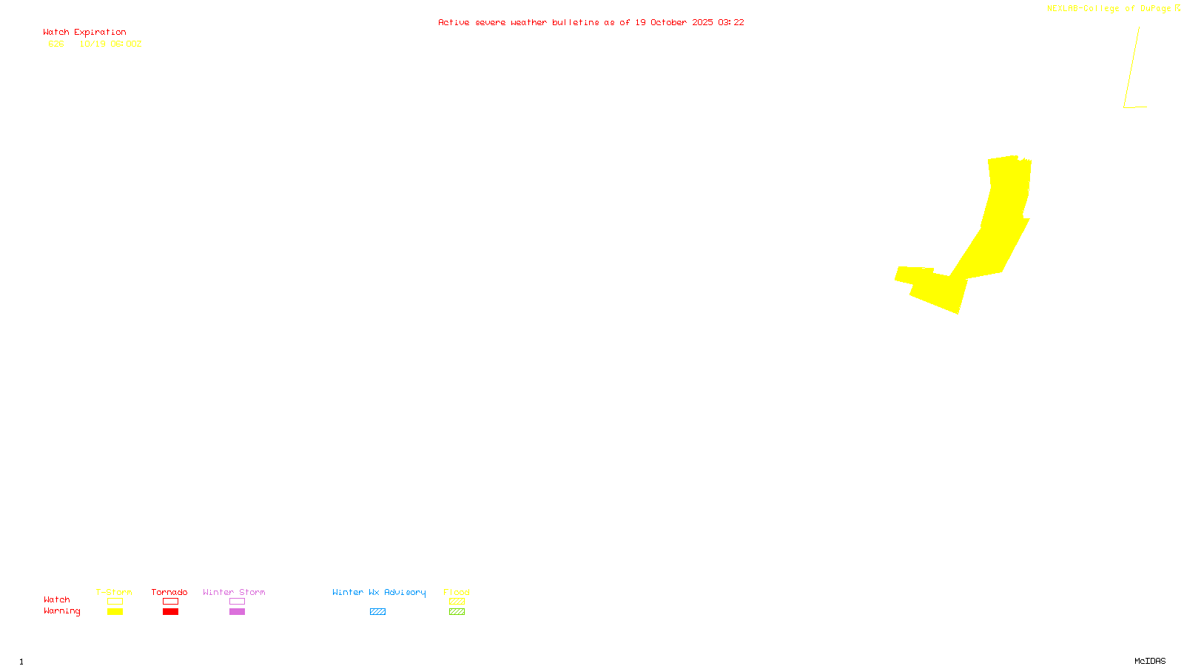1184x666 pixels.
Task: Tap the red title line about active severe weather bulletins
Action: (x=591, y=23)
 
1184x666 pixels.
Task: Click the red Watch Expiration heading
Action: (x=84, y=33)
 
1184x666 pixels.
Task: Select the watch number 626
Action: (x=56, y=44)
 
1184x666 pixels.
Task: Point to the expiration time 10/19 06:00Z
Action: (x=110, y=44)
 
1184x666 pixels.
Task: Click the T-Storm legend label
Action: (x=114, y=592)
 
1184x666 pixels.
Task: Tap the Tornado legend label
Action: (x=169, y=592)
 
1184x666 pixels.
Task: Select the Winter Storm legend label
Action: (x=234, y=592)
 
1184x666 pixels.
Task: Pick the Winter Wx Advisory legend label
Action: (x=379, y=592)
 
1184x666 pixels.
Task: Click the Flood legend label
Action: (x=457, y=592)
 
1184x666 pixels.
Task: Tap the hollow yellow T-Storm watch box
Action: (x=115, y=602)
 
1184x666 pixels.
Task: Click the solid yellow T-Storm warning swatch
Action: (x=115, y=612)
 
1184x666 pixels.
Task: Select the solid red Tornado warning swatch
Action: (x=170, y=612)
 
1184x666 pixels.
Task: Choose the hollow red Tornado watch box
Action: (x=170, y=602)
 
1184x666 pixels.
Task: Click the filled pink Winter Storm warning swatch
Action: (x=237, y=612)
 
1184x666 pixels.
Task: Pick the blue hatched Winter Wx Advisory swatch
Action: (x=377, y=612)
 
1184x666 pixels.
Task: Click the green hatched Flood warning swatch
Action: (x=457, y=612)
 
